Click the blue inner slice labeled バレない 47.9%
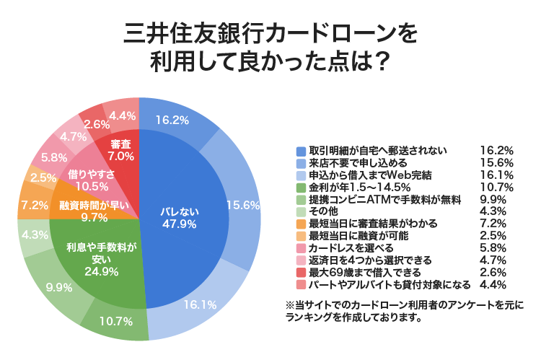[x=176, y=217]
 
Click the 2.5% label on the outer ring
[x=43, y=177]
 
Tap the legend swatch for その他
[x=301, y=211]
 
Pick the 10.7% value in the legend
[x=496, y=187]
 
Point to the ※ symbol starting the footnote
[x=291, y=306]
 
